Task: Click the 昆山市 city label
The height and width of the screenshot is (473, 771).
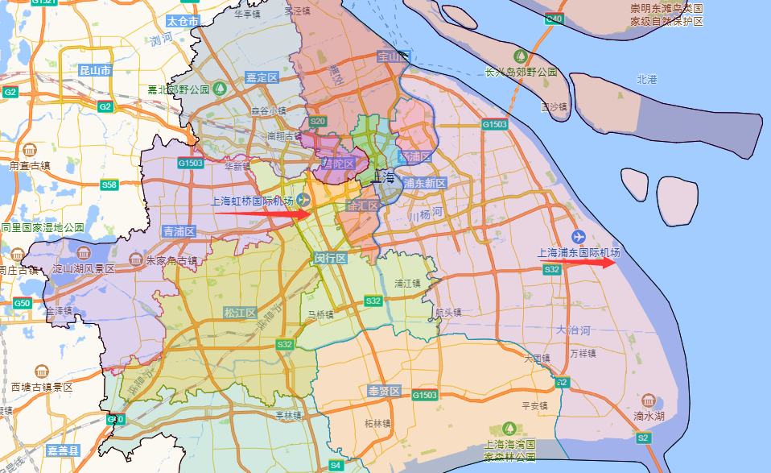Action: (x=96, y=70)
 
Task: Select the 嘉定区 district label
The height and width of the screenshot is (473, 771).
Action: (x=262, y=77)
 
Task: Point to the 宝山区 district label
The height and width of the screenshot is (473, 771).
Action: (x=394, y=57)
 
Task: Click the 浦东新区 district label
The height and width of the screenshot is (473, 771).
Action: (x=425, y=184)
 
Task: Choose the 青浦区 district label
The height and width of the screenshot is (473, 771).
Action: (x=179, y=231)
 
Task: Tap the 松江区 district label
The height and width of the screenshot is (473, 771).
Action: (x=240, y=313)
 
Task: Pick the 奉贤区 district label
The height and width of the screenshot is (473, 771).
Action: (x=384, y=391)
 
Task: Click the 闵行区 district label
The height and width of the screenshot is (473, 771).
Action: (x=330, y=258)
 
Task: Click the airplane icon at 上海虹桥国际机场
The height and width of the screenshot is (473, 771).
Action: (x=303, y=200)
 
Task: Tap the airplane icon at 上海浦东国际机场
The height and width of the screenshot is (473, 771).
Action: (x=578, y=236)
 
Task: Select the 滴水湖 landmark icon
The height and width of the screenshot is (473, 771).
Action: (x=648, y=400)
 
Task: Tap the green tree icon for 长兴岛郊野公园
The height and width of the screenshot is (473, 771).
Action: (x=521, y=56)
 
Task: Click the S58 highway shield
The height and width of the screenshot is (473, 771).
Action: (x=109, y=185)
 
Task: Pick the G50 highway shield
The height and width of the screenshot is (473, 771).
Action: (x=22, y=303)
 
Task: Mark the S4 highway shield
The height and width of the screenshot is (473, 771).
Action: (x=336, y=465)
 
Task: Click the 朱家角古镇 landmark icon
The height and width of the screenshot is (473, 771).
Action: (x=134, y=260)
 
